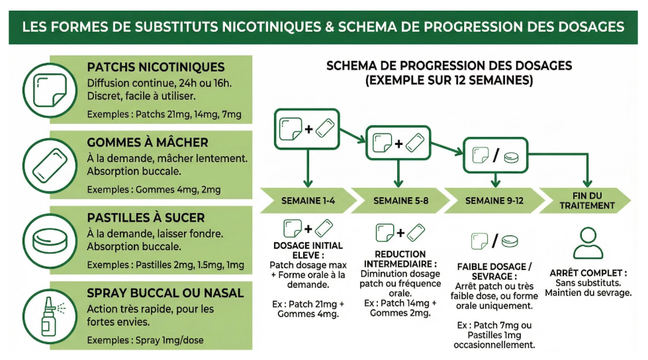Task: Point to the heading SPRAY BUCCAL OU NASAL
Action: click(165, 292)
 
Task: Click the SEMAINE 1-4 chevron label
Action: click(307, 201)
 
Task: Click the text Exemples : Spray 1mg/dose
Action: click(145, 340)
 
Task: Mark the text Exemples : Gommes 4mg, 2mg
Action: click(154, 190)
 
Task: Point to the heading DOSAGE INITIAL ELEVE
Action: click(308, 250)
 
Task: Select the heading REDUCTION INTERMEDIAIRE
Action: click(400, 259)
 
